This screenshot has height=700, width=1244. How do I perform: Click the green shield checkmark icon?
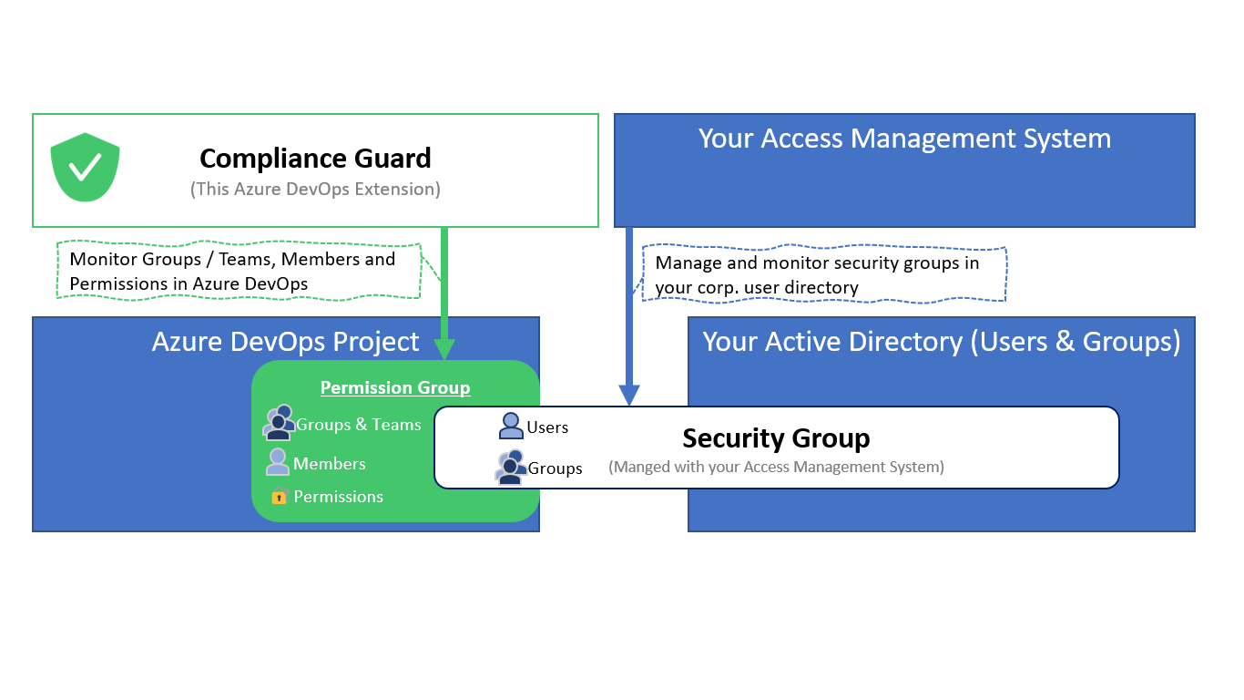pos(85,167)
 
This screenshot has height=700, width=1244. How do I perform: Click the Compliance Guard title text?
pos(315,159)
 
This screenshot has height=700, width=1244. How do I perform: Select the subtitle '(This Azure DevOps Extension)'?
pos(315,189)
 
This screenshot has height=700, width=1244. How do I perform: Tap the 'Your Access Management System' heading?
pos(904,139)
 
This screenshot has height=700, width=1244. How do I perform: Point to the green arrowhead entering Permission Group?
pos(444,348)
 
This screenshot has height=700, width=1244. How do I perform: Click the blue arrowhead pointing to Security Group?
pos(629,394)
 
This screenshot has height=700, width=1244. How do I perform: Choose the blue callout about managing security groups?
pos(824,274)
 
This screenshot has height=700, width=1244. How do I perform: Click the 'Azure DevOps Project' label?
pos(285,342)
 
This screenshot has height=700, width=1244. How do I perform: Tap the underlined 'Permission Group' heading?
pos(395,387)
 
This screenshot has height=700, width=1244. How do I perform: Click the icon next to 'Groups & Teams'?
pos(279,423)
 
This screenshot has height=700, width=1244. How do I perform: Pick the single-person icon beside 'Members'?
pos(278,462)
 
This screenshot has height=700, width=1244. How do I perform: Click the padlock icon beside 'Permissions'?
pos(280,497)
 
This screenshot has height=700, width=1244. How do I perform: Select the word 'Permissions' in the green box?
pos(338,497)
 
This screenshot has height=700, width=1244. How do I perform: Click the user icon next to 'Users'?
pos(511,426)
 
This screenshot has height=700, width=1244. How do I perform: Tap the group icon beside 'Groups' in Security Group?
pos(510,467)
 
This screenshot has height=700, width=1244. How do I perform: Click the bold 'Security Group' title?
pos(776,438)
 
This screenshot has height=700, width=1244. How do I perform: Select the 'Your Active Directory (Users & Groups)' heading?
pos(941,342)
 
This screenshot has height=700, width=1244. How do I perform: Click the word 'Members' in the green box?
pos(329,464)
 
